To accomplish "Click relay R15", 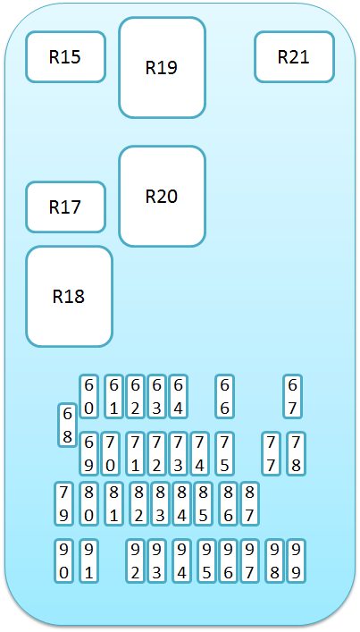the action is tap(65, 57).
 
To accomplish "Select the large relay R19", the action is tap(162, 67).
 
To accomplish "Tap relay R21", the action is tap(294, 57).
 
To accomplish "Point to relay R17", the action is tap(65, 207).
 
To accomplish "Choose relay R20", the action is tap(162, 197).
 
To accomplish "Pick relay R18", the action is tap(69, 297).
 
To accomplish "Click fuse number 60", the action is tap(89, 397).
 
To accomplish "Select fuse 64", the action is tap(179, 397).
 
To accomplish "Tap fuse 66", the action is tap(225, 397).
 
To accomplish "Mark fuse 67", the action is tap(293, 397).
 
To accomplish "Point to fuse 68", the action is tap(68, 425).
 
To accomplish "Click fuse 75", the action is tap(225, 454).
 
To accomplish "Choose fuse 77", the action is tap(272, 454).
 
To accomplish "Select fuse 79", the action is tap(64, 504).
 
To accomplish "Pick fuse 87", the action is tap(249, 504).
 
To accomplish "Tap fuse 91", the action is tap(89, 560).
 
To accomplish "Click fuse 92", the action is tap(135, 560).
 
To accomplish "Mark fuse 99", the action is tap(296, 560).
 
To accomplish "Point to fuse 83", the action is tap(160, 504).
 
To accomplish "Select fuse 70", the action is tap(111, 454).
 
